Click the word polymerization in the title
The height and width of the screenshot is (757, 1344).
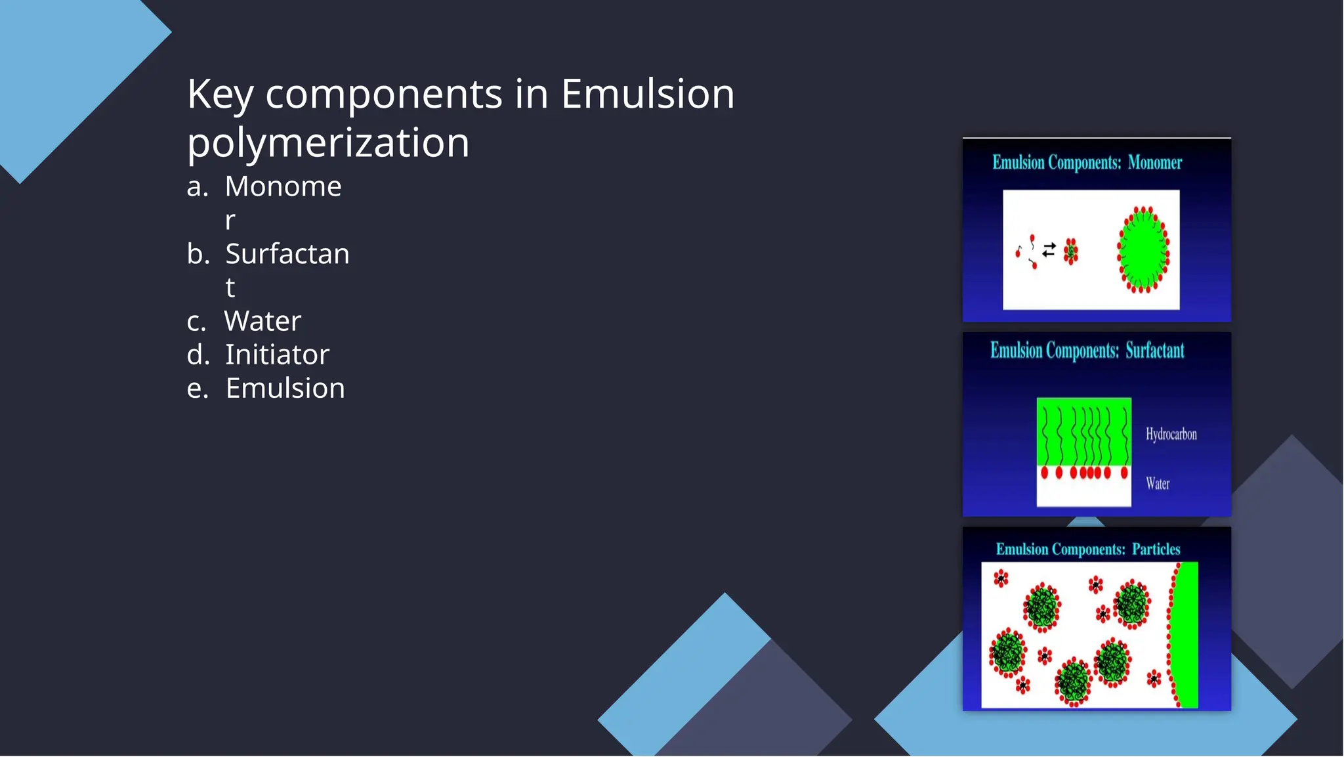[x=328, y=142]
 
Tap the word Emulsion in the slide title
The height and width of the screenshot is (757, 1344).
[x=647, y=94]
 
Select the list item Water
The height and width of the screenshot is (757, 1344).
[x=262, y=321]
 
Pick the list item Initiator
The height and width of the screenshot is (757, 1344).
[x=277, y=355]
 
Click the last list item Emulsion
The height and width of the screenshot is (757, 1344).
[x=285, y=388]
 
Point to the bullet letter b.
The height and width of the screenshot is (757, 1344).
[x=198, y=254]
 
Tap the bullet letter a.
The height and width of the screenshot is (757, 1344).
[x=197, y=187]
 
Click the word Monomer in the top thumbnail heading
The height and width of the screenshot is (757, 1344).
[x=1154, y=163]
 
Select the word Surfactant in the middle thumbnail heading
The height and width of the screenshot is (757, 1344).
[x=1154, y=351]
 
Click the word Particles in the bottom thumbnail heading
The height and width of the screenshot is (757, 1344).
[x=1156, y=549]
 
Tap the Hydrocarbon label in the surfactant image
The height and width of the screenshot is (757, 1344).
[x=1171, y=434]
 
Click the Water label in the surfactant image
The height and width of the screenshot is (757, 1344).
[x=1158, y=484]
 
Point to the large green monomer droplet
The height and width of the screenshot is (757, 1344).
[x=1143, y=250]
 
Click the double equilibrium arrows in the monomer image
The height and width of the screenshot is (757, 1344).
[x=1049, y=249]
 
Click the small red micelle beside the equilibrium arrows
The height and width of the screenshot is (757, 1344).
[x=1071, y=251]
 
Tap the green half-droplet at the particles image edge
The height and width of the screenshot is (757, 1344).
[x=1186, y=635]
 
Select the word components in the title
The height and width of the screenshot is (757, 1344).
[x=384, y=94]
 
